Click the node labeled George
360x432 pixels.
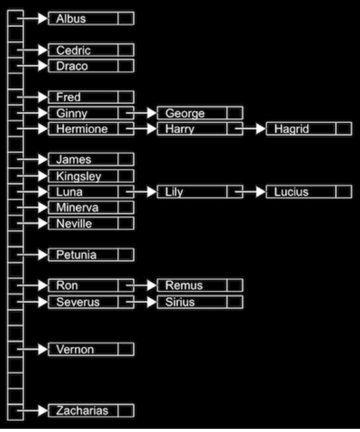[192, 113]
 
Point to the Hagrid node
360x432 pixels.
[302, 129]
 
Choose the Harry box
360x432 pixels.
[192, 129]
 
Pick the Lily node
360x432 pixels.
[192, 192]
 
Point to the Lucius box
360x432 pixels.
[302, 192]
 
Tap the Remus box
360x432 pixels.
[192, 285]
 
